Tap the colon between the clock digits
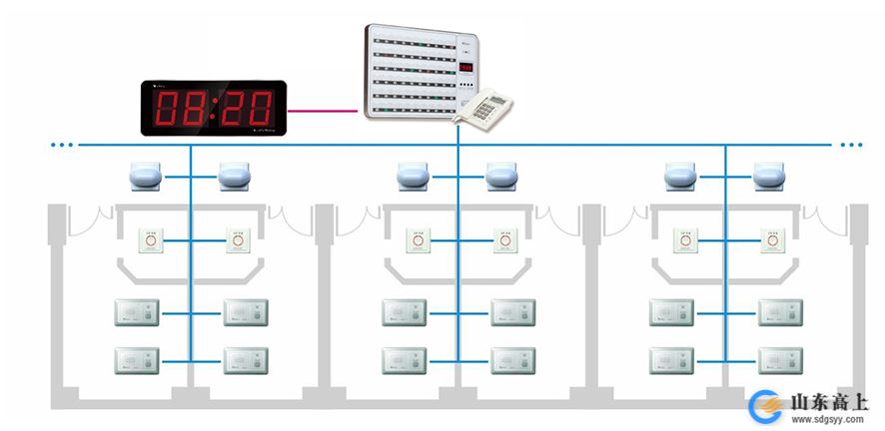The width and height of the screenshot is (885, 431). coord(213,107)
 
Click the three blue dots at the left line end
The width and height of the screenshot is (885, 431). coord(62,146)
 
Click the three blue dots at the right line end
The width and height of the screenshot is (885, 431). coord(850,146)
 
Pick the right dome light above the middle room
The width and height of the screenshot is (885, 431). coord(502,177)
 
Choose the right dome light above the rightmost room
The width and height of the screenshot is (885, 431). coord(769,177)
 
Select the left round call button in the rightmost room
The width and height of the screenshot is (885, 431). coord(686,241)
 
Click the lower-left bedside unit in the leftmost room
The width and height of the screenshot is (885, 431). coord(137,360)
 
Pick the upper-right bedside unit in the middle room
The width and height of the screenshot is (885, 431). coord(513,312)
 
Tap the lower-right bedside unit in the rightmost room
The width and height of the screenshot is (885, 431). coord(780,360)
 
